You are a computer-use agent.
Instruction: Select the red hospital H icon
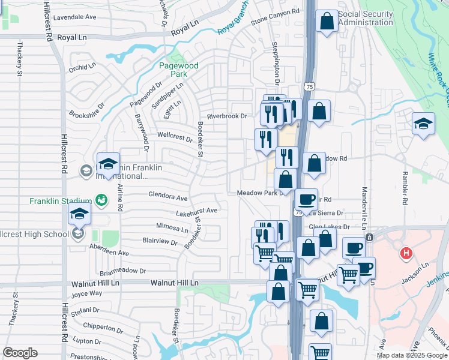(406, 254)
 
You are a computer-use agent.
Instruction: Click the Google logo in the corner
(20, 353)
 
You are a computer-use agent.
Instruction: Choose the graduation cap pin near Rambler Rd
(423, 124)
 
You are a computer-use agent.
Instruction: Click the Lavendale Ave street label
(74, 17)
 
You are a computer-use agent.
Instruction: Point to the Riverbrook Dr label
(227, 116)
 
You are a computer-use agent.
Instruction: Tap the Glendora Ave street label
(168, 197)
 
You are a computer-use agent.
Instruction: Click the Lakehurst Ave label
(196, 211)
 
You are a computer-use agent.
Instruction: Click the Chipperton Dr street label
(103, 328)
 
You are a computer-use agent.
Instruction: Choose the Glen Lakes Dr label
(329, 227)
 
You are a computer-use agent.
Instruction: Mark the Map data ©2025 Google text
(411, 355)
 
